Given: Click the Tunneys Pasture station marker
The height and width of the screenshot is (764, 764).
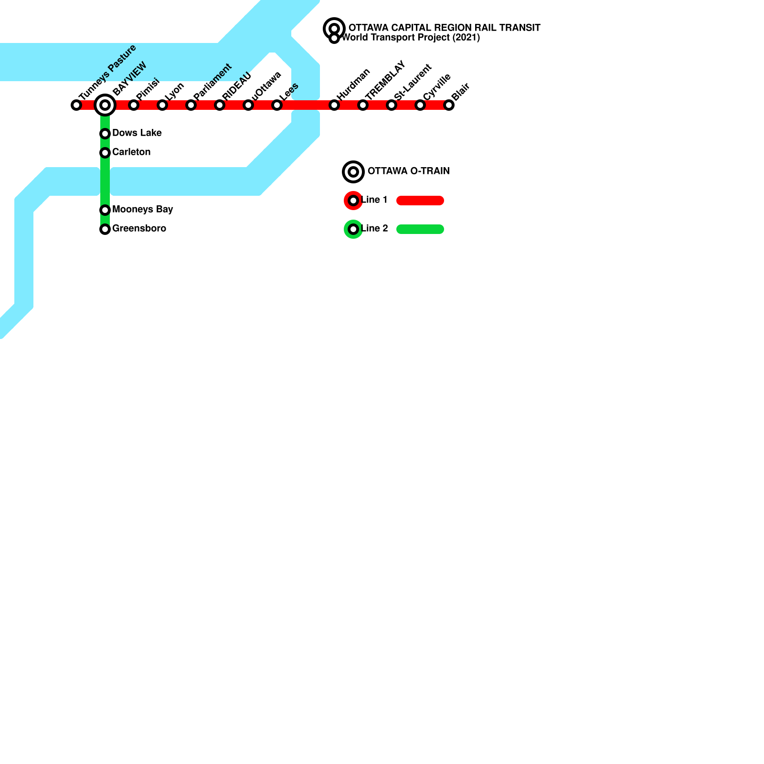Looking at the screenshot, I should click(76, 105).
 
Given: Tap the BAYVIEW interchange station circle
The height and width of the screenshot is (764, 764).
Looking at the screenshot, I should click(105, 105).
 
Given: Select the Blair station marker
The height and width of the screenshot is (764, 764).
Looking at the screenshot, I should click(449, 105).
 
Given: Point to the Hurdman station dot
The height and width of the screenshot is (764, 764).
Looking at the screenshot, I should click(334, 105).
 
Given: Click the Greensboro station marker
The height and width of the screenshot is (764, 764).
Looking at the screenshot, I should click(105, 229).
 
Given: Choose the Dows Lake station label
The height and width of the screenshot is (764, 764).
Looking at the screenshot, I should click(137, 133).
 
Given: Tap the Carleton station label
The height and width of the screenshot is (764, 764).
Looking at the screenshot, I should click(131, 152).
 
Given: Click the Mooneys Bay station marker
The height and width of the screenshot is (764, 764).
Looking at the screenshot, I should click(105, 210).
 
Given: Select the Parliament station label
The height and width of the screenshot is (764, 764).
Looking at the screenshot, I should click(212, 82).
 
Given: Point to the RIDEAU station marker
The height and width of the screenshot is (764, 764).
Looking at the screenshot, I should click(220, 105).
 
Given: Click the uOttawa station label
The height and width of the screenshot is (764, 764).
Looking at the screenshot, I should click(266, 86).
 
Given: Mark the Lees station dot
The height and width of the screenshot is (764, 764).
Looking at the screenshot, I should click(277, 105).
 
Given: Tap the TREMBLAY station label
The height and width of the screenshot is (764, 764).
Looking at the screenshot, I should click(385, 80).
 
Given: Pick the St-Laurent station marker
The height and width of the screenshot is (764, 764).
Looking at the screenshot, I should click(392, 105).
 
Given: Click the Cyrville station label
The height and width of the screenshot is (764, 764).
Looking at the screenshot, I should click(437, 87).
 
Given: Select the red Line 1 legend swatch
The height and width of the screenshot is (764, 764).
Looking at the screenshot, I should click(420, 201).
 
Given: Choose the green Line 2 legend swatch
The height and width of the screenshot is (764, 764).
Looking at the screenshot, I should click(420, 229).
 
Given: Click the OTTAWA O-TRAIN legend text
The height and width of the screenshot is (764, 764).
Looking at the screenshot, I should click(408, 171).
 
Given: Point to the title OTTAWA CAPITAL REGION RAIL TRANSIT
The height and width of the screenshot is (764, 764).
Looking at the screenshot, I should click(444, 28).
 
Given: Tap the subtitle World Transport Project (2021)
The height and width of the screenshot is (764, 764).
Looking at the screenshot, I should click(411, 37).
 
